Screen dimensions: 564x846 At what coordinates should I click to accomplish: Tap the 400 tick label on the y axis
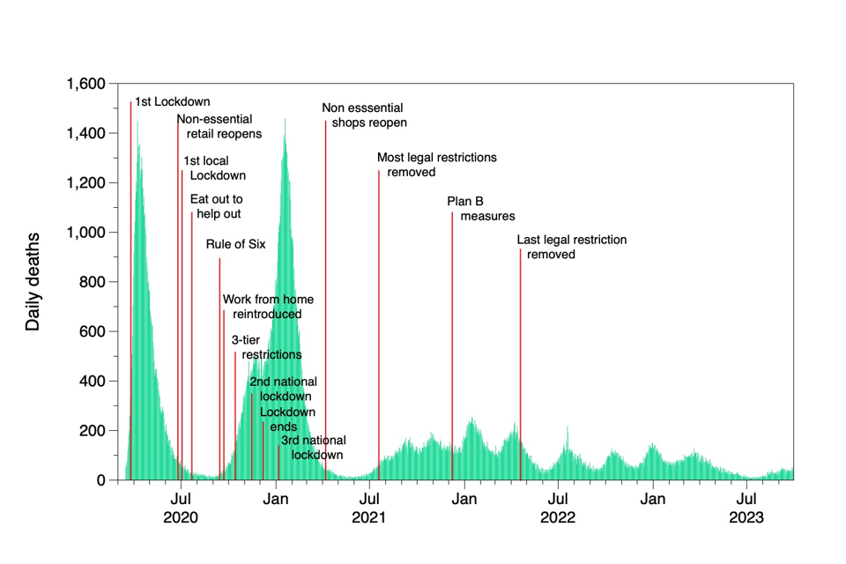pos(93,382)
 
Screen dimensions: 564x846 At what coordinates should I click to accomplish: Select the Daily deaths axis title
pos(33,282)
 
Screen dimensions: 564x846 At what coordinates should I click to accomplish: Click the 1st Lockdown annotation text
pos(172,101)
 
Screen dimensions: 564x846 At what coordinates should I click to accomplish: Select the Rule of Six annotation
pos(235,244)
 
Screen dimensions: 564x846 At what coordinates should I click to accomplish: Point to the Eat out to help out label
pos(216,206)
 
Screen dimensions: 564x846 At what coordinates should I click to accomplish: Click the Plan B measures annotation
pos(480,208)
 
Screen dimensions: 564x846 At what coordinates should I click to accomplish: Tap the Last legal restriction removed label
pos(571,247)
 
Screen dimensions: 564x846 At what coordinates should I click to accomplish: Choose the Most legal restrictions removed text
pos(436,165)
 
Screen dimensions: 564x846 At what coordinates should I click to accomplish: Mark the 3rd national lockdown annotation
pos(313,448)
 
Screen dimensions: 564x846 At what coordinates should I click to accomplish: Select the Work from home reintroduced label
pos(267,307)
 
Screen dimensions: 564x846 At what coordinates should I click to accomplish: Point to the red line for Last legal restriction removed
pos(520,352)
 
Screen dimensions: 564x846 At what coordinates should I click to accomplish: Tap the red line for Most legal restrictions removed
pos(379,308)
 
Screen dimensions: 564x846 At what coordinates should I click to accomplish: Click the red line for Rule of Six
pos(219,352)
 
